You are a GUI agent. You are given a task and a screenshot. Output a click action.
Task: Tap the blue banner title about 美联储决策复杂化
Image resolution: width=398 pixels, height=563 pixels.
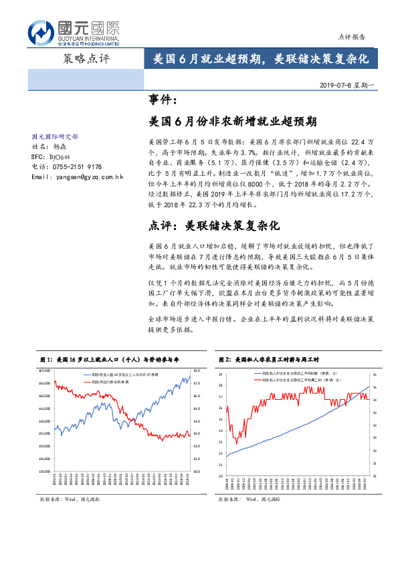(257, 59)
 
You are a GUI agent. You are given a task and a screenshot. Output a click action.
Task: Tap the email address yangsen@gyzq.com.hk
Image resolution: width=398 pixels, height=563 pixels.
(78, 177)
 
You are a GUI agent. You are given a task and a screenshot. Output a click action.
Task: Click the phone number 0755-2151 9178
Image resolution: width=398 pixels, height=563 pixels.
(76, 166)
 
